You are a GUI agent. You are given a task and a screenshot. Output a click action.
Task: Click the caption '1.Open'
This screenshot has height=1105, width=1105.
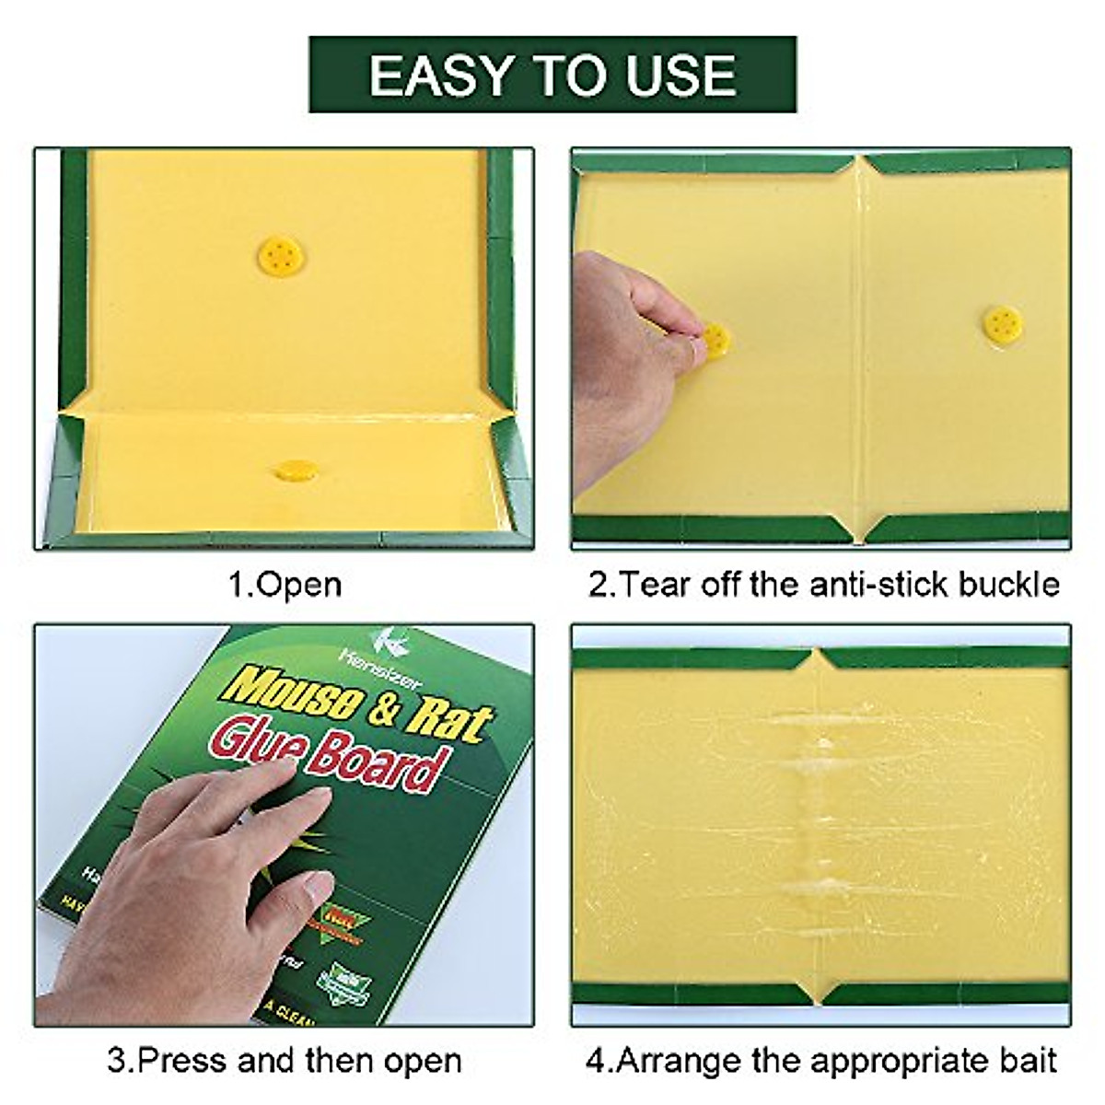point(285,585)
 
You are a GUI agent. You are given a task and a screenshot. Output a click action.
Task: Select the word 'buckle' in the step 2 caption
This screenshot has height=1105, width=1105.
point(1009,585)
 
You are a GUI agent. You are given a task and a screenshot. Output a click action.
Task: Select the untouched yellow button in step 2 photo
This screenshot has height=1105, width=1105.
point(1002,323)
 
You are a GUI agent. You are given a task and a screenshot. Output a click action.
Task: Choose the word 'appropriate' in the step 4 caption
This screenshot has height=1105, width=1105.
point(871,1061)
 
